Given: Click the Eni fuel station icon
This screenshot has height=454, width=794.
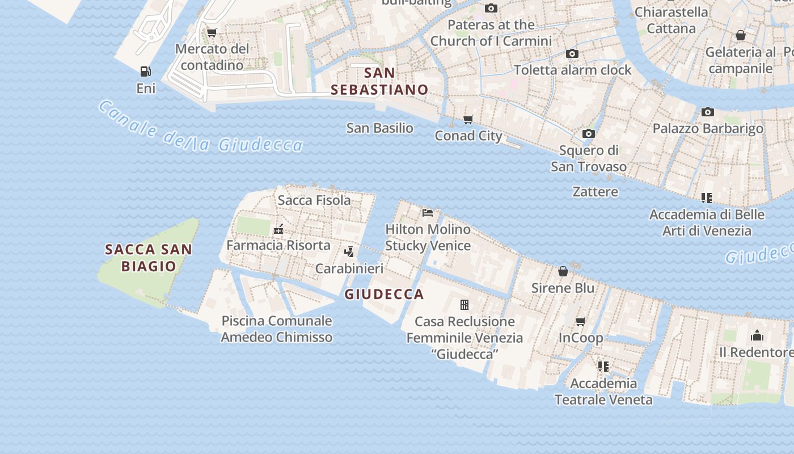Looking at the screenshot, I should coord(146,72).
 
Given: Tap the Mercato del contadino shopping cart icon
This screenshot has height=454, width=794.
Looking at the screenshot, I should coord(212,33).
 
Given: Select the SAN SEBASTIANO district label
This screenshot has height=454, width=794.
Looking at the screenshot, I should coord(379,81).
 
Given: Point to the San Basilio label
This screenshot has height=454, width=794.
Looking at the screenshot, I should coord(379,128).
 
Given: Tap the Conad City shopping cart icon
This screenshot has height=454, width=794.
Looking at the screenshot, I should coord(468,119).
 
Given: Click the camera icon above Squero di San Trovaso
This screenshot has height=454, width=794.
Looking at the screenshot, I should coord(589,133).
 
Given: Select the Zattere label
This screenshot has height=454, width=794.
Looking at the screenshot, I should coord(595,191).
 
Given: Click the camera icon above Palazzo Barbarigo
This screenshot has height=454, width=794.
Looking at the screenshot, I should coord(707,112).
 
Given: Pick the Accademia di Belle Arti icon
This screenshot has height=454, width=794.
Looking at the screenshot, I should coord(706,198).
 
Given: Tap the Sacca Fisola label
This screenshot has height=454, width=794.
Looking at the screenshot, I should coord(314,200).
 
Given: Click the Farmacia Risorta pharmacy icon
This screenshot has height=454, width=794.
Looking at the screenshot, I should coord(278,230).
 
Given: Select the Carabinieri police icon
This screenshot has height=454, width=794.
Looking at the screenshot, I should coord(349,252).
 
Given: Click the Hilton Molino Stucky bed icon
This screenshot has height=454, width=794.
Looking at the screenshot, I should coord(428,213).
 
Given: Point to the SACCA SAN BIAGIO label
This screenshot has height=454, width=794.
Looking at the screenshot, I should coord(149,257).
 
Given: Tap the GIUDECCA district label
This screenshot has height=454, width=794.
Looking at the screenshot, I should coord(384,294).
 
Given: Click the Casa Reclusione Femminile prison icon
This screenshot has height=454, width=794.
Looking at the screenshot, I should coord(464,305).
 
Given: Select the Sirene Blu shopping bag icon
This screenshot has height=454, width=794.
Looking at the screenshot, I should coord(563,271).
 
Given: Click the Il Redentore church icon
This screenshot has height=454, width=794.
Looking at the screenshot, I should coord(757,335).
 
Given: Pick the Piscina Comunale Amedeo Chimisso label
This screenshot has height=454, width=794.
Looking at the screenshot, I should coord(276,329).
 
